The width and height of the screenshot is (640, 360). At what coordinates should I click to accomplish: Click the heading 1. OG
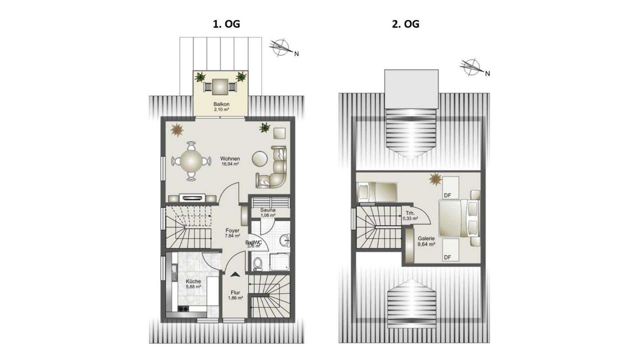point(226,24)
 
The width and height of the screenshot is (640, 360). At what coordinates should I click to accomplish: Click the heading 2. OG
point(405,24)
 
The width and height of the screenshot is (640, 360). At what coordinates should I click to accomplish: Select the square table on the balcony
point(220,87)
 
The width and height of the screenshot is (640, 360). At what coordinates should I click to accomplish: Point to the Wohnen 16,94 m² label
point(230,161)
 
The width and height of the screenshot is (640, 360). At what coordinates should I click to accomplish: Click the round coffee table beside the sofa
point(260,159)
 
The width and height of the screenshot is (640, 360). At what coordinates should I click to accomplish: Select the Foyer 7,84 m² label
point(232,233)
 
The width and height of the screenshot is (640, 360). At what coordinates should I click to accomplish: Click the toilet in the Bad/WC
point(257,264)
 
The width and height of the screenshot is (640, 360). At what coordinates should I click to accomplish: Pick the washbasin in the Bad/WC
point(284,240)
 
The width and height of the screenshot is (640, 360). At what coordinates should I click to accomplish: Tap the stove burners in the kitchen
point(183,309)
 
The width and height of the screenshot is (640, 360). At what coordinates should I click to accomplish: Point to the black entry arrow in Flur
point(235,274)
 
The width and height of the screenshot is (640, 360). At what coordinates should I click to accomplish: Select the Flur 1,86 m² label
point(235,295)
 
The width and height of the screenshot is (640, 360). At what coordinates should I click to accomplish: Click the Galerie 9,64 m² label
point(426,241)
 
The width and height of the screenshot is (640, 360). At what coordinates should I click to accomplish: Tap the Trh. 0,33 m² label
point(410,216)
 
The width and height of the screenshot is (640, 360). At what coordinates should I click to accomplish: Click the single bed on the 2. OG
point(377,192)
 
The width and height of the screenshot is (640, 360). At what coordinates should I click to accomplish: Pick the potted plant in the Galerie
point(435,179)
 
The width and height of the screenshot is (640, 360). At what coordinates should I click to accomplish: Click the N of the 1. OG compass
point(296,54)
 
